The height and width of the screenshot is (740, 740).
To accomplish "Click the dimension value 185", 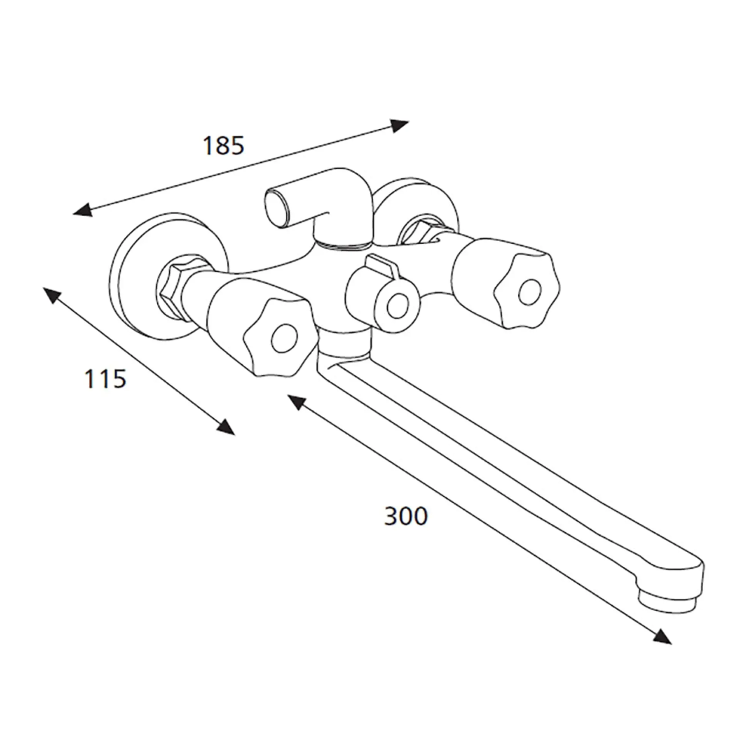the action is (223, 146).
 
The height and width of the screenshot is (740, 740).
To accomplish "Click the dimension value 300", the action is (406, 516).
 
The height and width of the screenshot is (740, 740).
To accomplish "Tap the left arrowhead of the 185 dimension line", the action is (81, 211).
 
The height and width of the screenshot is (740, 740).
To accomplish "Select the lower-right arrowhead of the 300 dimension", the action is (663, 636).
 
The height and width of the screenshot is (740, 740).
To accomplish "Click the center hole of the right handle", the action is (528, 294).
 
